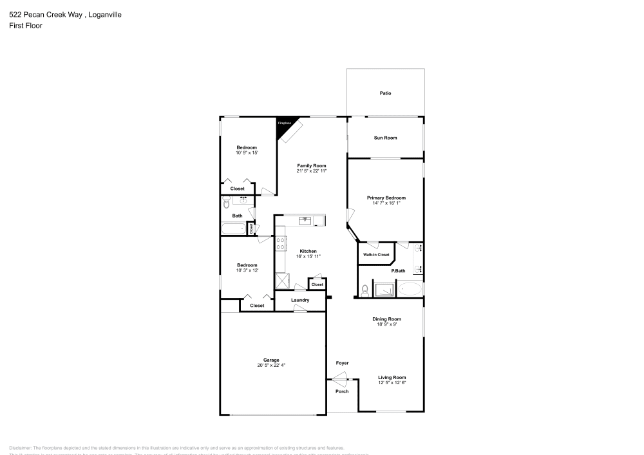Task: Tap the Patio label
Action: pyautogui.click(x=385, y=93)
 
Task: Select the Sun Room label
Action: pyautogui.click(x=385, y=138)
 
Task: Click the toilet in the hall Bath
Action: pyautogui.click(x=226, y=203)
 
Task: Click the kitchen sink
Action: pyautogui.click(x=305, y=221)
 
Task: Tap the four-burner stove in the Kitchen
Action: pyautogui.click(x=281, y=243)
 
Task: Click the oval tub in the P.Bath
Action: pyautogui.click(x=410, y=290)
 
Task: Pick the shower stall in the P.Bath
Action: pyautogui.click(x=384, y=290)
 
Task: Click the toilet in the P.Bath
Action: pyautogui.click(x=365, y=290)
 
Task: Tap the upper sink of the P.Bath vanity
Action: pyautogui.click(x=417, y=248)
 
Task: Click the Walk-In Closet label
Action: pyautogui.click(x=376, y=255)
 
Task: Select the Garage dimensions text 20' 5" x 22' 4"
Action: pyautogui.click(x=270, y=366)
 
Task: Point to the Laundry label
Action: pyautogui.click(x=300, y=300)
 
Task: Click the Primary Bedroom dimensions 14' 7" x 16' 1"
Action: pyautogui.click(x=386, y=203)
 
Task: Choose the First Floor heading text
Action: pyautogui.click(x=26, y=26)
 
